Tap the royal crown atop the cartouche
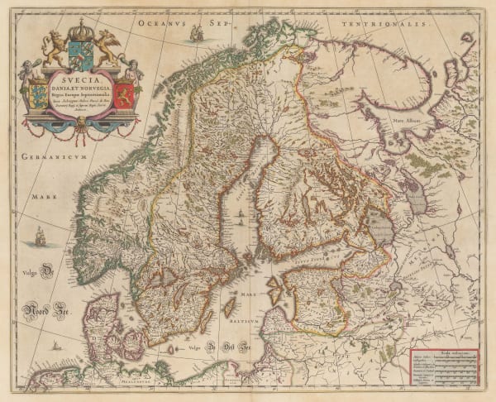[80, 31]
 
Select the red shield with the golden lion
[125, 91]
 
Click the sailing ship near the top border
[196, 33]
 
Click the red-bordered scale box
[446, 366]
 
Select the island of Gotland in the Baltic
[226, 309]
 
